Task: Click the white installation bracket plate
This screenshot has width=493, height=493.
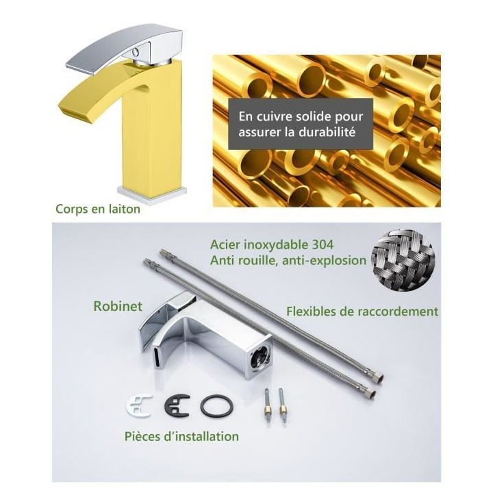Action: (139, 405)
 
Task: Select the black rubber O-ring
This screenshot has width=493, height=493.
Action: (216, 405)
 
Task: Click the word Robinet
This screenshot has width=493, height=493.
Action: (118, 306)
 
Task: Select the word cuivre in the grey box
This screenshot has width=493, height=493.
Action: (275, 116)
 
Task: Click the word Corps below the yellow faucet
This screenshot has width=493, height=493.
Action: (71, 209)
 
